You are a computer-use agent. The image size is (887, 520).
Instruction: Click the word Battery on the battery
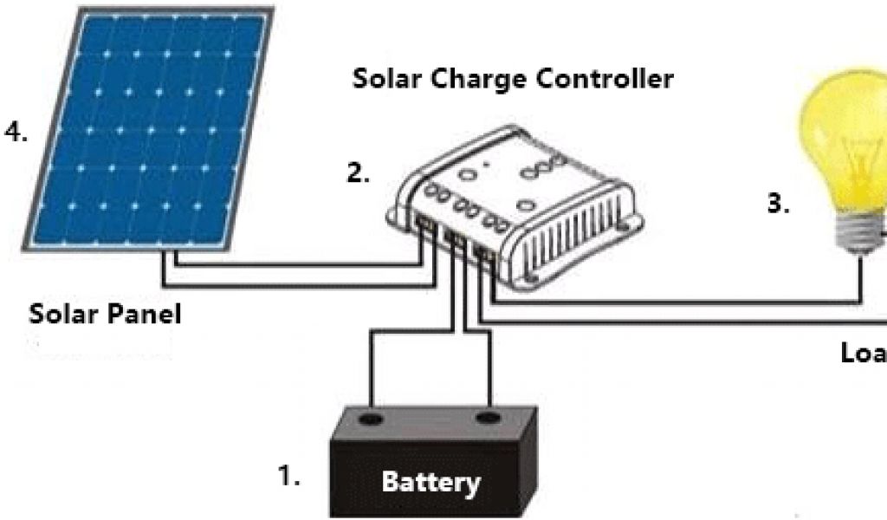coord(431,481)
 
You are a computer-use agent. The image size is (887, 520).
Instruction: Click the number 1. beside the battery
coord(288,476)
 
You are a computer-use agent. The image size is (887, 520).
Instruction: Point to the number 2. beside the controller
coord(358,172)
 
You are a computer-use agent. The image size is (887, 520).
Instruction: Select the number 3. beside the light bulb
coord(778,205)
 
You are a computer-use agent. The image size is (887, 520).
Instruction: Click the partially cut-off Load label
coord(864,354)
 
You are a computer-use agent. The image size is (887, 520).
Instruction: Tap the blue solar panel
coord(147,130)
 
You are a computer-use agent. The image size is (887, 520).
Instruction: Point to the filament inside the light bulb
coord(866,173)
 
